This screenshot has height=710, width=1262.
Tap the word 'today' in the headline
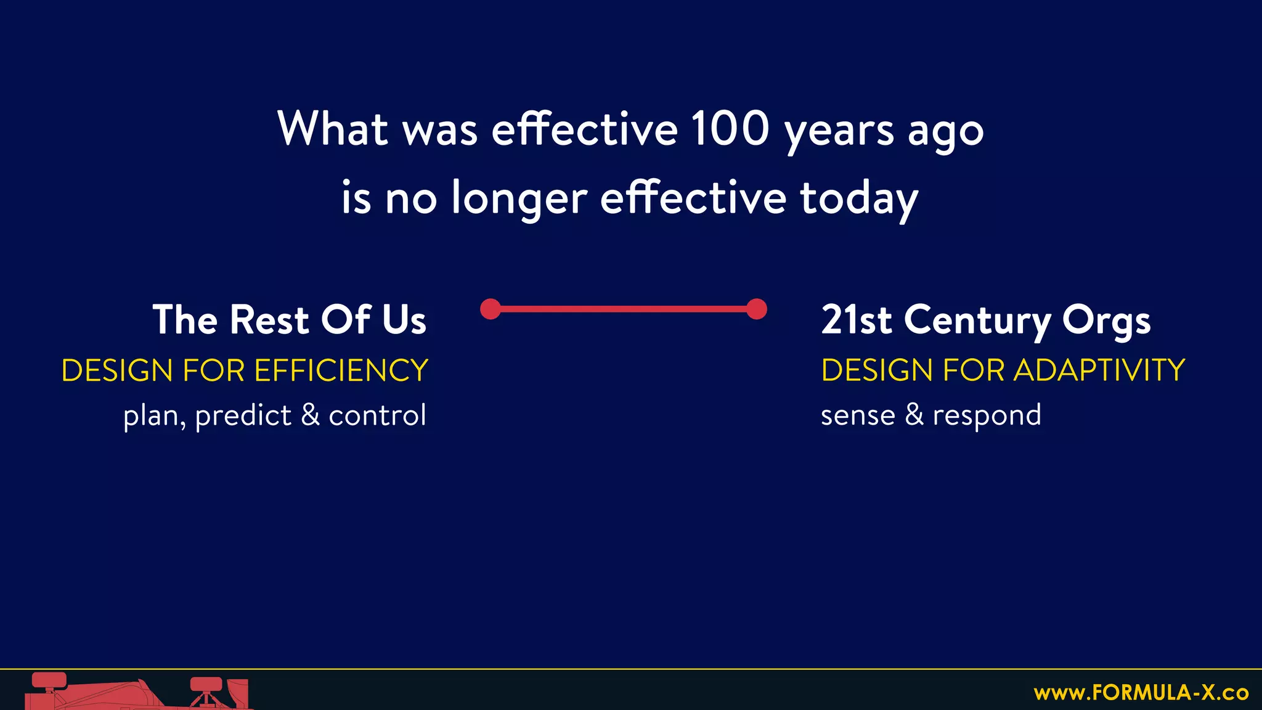pyautogui.click(x=859, y=198)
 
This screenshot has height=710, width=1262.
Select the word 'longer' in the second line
pyautogui.click(x=519, y=198)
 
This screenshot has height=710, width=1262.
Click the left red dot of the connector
pyautogui.click(x=491, y=309)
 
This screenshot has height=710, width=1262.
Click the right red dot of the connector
pyautogui.click(x=757, y=309)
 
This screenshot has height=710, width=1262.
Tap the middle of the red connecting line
pyautogui.click(x=624, y=309)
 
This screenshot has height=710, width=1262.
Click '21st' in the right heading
pyautogui.click(x=856, y=320)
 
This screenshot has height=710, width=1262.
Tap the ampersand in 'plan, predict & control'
pyautogui.click(x=311, y=415)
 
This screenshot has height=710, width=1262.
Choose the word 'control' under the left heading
pyautogui.click(x=377, y=415)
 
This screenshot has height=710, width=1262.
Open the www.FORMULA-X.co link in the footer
pyautogui.click(x=1141, y=693)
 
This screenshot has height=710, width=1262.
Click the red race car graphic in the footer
pyautogui.click(x=136, y=694)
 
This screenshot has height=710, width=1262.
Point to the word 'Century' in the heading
pyautogui.click(x=977, y=321)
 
